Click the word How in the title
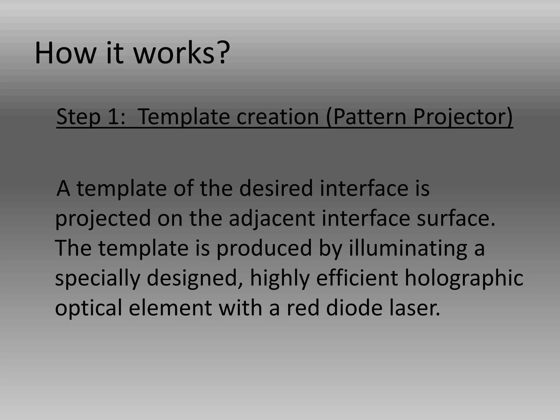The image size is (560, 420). (65, 53)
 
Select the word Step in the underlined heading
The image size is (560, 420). (78, 117)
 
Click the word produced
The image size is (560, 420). (264, 248)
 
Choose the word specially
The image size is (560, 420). (97, 278)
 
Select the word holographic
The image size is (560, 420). (464, 278)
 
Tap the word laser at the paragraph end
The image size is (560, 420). (414, 308)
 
